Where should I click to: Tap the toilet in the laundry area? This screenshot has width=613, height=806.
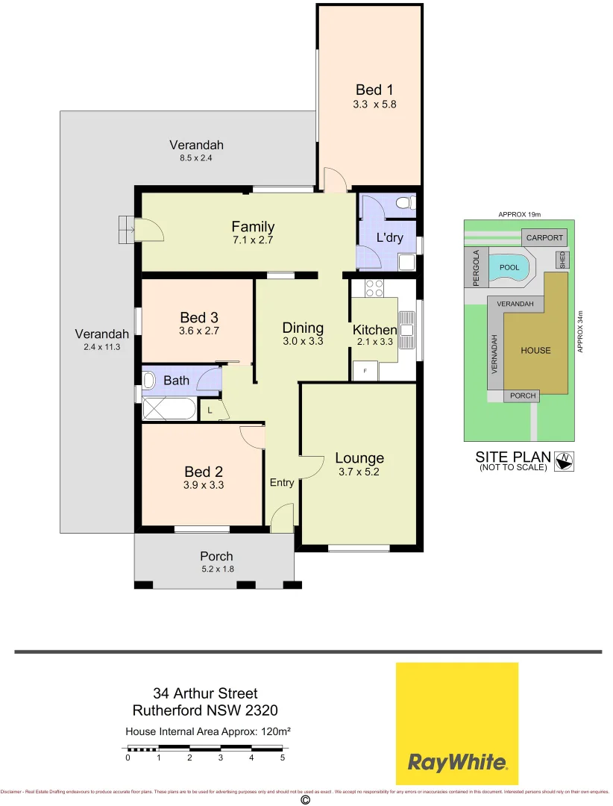pos(404,203)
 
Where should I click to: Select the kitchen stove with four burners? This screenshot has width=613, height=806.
pos(374,287)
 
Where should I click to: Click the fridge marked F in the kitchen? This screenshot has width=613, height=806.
pos(365,370)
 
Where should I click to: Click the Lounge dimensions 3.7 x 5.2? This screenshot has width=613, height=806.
pos(359,471)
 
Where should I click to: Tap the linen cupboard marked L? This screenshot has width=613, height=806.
pos(210,410)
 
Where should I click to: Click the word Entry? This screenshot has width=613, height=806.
pos(282,483)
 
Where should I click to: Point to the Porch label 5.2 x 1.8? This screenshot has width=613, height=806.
pos(216,569)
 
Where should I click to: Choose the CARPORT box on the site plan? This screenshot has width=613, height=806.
pos(544,238)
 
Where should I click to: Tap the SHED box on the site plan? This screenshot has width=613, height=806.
pos(562,260)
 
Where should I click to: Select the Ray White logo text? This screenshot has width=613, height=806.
pos(457,762)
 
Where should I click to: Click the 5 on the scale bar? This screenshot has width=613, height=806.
pos(283,757)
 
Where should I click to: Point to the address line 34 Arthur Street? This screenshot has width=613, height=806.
pos(205,694)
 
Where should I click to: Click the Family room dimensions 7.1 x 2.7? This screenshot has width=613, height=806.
pos(253,240)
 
